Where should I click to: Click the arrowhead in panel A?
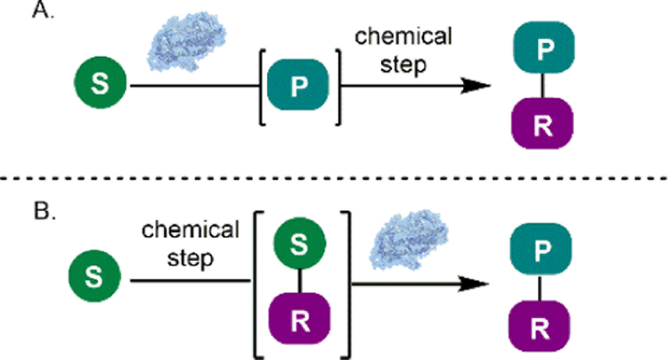pos(477,86)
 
